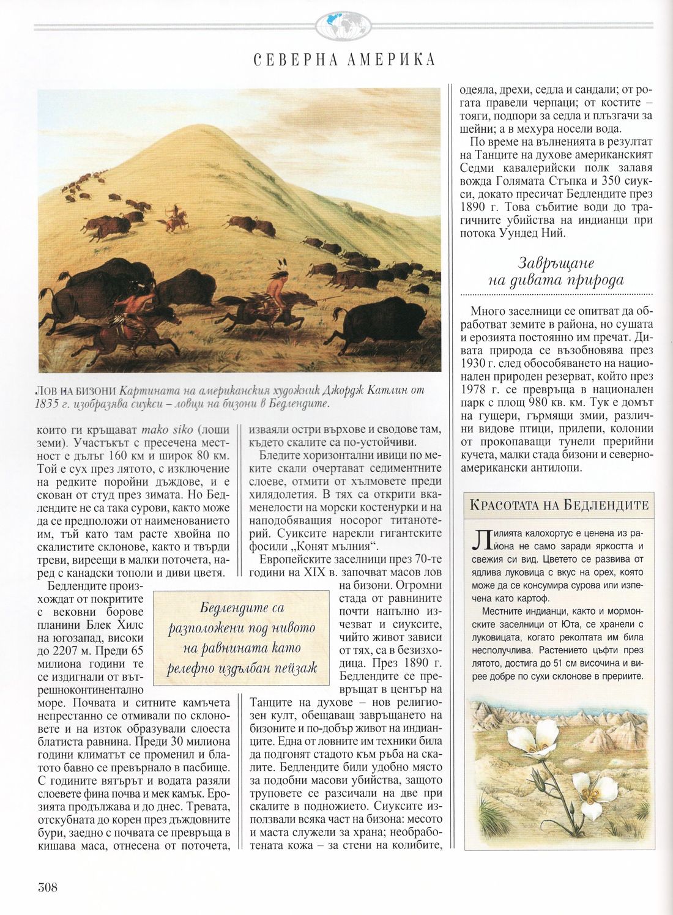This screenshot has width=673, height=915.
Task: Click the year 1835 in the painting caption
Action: (x=50, y=404)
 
